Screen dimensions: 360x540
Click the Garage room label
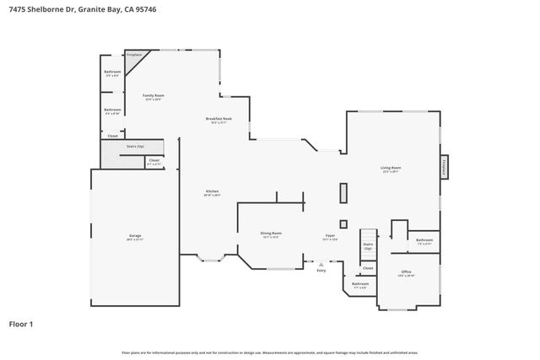(135, 238)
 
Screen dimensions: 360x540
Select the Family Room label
(153, 97)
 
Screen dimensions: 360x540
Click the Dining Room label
(270, 234)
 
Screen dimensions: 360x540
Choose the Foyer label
(332, 237)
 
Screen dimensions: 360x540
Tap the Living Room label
(391, 169)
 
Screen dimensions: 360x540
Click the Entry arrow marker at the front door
(321, 263)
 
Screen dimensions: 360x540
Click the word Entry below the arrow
(321, 270)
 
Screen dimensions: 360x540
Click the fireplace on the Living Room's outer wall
(443, 167)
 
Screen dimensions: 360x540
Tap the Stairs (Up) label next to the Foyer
(368, 245)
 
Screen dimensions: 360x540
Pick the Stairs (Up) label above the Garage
(135, 146)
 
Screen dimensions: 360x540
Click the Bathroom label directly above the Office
(424, 241)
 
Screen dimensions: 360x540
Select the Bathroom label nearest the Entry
(360, 285)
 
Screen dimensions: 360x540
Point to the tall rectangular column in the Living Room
(343, 193)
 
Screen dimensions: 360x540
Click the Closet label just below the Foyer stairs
(368, 268)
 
